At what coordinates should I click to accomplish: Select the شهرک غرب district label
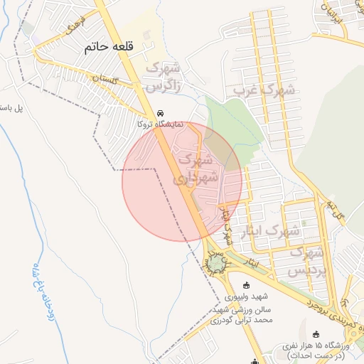257,90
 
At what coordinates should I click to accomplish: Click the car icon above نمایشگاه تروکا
161,113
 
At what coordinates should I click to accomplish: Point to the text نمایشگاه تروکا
161,124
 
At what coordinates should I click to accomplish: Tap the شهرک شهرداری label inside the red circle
191,170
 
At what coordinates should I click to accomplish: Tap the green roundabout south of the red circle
215,265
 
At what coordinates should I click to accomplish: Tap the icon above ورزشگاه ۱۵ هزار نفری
316,333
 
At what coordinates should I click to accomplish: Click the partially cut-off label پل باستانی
11,108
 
